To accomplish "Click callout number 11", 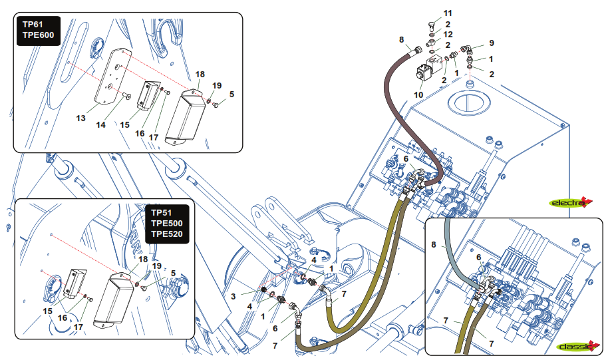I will pyautogui.click(x=447, y=14).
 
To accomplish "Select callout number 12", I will pyautogui.click(x=448, y=34).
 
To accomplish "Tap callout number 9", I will pyautogui.click(x=492, y=43).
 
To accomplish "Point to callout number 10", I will pyautogui.click(x=418, y=95).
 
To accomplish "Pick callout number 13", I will pyautogui.click(x=80, y=118).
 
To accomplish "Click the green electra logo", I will pyautogui.click(x=570, y=202).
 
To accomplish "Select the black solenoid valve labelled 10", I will pyautogui.click(x=426, y=72).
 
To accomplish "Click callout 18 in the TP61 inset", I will pyautogui.click(x=200, y=75).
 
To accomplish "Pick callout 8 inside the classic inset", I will pyautogui.click(x=434, y=246).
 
